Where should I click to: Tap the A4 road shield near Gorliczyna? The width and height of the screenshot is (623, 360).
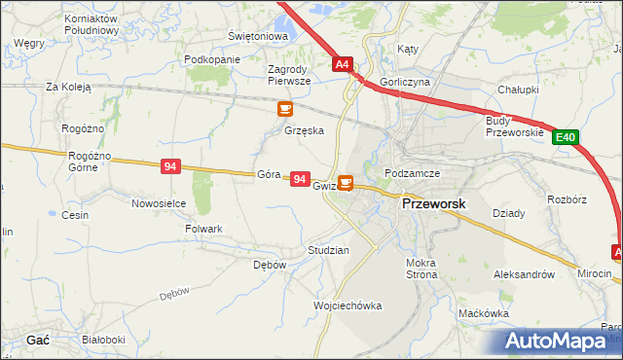(x=342, y=65)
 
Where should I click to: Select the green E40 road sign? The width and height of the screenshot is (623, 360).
(x=567, y=138)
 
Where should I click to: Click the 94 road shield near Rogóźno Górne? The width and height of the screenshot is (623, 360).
(x=171, y=167)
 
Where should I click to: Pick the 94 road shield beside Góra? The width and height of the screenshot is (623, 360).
(x=300, y=180)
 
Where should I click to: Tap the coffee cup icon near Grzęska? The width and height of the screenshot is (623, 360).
(x=285, y=109)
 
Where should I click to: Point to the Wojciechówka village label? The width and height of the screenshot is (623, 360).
(x=348, y=306)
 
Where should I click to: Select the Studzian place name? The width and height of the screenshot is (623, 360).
(x=328, y=250)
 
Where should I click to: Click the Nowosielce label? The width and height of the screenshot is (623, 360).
(x=159, y=203)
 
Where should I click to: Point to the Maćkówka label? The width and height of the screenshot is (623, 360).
(x=484, y=313)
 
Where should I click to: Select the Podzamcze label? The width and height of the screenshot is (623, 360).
(x=413, y=173)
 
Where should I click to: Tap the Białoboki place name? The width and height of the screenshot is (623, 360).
(x=103, y=340)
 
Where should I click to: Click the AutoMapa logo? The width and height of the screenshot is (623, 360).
(x=563, y=341)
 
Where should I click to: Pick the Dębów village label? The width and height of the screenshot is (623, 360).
(x=270, y=265)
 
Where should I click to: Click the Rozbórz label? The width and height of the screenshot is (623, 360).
(x=567, y=199)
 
